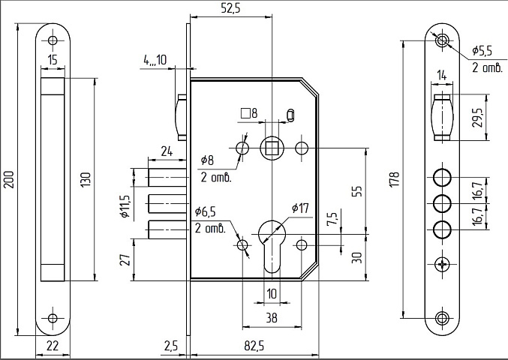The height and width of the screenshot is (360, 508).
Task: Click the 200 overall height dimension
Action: point(9,180)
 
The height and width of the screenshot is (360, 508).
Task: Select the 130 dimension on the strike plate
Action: point(86,180)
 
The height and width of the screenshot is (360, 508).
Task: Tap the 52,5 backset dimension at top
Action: point(230,8)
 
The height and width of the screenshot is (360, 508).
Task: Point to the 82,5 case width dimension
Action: point(254,346)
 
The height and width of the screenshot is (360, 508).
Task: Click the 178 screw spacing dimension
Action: point(395,179)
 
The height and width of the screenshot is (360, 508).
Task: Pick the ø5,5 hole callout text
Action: point(482,50)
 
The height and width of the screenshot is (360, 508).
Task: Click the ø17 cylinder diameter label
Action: point(300,208)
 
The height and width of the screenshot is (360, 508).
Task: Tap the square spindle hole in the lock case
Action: point(272,148)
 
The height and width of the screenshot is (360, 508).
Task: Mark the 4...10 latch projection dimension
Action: point(155,60)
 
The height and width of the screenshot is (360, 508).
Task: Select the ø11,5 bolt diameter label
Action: point(125,206)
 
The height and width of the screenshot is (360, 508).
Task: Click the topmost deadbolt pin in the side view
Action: point(167,177)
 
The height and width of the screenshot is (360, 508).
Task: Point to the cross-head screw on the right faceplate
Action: point(442,265)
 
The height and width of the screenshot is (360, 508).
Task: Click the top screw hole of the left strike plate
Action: point(53,40)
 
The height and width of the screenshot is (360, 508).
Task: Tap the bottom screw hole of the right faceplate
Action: point(442,318)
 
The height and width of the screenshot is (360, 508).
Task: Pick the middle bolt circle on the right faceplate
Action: point(442,203)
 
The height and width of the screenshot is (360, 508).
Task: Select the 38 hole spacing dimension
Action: point(272,318)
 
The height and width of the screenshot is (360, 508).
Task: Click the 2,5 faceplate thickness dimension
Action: point(171,346)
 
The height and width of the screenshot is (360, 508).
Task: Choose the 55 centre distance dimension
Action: point(356,191)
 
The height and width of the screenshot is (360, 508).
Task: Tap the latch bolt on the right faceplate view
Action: point(442,118)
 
